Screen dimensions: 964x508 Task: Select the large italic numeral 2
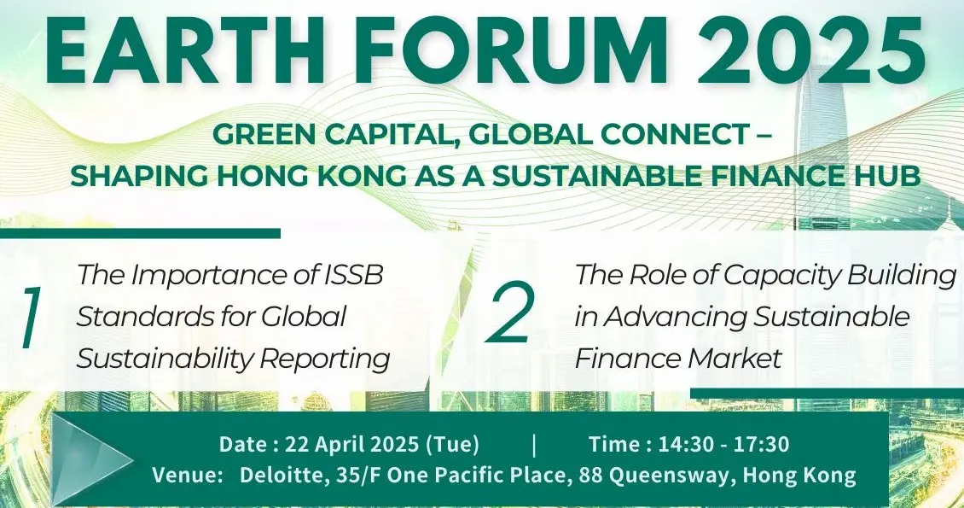tap(509, 314)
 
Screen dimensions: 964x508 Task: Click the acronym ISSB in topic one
tap(354, 275)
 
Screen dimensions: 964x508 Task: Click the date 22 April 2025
tap(351, 444)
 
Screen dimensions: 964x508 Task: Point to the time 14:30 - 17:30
tap(723, 444)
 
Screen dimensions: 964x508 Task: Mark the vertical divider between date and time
tap(534, 445)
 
